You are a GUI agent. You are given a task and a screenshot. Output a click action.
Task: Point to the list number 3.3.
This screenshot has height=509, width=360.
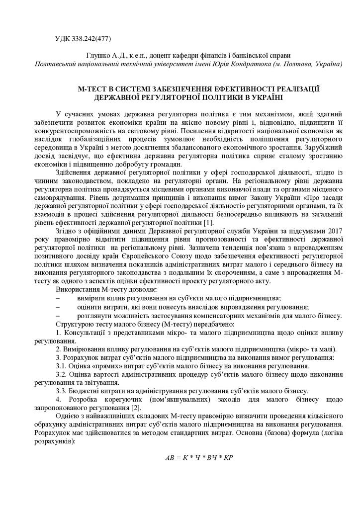[62, 391]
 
